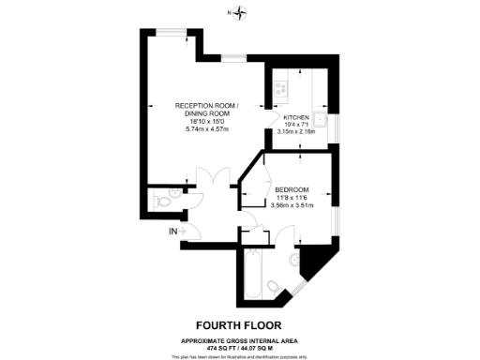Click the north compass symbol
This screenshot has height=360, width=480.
click(241, 13)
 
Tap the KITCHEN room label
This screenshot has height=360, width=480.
click(298, 117)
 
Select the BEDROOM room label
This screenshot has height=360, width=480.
click(292, 189)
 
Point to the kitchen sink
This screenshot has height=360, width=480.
click(320, 120)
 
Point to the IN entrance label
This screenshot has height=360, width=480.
click(172, 231)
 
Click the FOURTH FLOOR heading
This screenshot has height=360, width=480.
click(239, 320)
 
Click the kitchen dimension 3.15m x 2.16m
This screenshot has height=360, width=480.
click(299, 132)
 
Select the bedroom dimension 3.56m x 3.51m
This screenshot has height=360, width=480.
click(292, 205)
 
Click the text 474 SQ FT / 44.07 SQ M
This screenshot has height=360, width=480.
click(239, 347)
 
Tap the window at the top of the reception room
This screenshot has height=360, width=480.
click(170, 33)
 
